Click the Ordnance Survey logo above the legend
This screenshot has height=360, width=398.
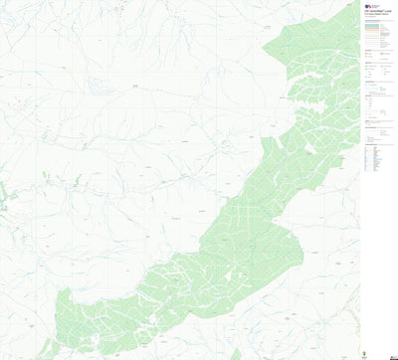pyautogui.click(x=365, y=4)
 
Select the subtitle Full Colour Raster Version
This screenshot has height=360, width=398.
pyautogui.click(x=378, y=15)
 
